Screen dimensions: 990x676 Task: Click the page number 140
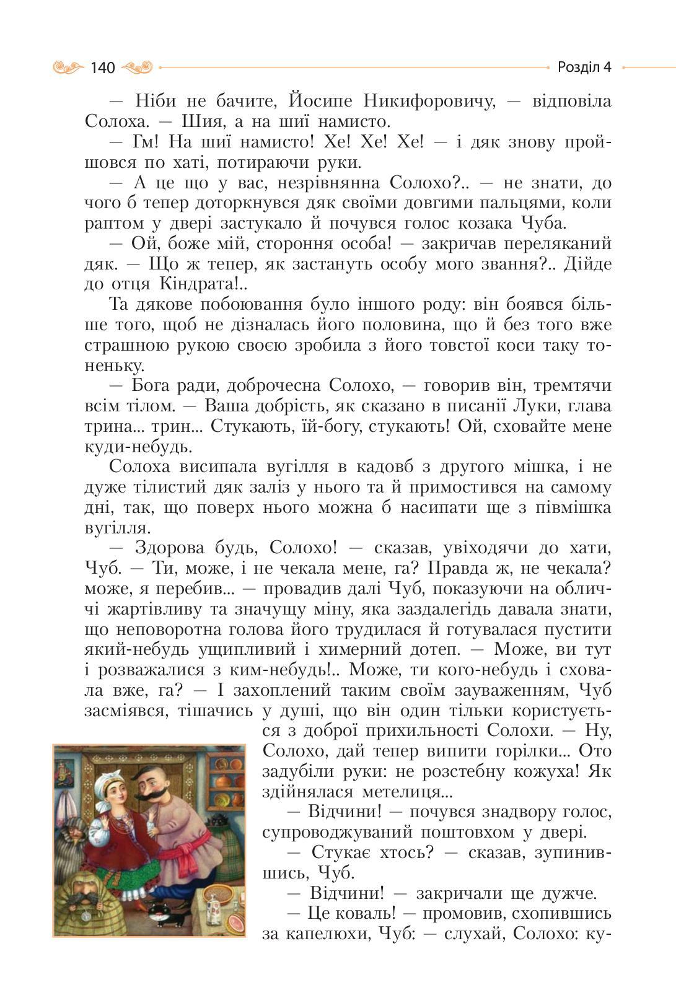click(x=102, y=68)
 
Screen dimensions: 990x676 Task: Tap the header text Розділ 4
click(x=584, y=67)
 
